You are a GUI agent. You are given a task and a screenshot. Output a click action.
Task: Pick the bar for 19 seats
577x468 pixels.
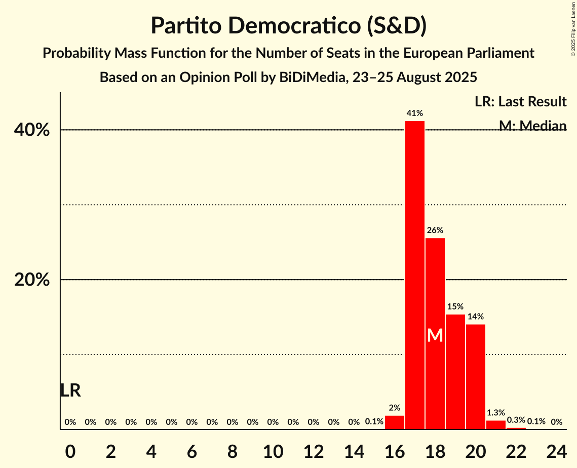click(x=455, y=372)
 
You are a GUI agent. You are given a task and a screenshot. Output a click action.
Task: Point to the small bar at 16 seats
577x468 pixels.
click(x=395, y=422)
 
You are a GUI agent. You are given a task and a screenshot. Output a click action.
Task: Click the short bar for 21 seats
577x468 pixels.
click(x=496, y=425)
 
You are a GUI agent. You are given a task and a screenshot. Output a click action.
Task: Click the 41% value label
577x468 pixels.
click(x=415, y=113)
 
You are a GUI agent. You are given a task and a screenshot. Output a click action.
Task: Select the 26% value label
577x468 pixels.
click(x=435, y=230)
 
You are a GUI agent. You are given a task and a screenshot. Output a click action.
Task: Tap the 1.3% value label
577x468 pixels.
click(x=496, y=413)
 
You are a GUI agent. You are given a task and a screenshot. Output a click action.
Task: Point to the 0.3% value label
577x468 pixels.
click(x=516, y=420)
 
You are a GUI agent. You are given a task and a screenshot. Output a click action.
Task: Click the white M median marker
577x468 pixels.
click(x=435, y=335)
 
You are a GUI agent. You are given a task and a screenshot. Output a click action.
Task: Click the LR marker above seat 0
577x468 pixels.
click(x=70, y=391)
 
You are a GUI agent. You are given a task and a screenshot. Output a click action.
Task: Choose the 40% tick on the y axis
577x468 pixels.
click(x=32, y=130)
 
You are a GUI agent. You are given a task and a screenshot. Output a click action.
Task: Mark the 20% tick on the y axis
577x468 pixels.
click(x=32, y=280)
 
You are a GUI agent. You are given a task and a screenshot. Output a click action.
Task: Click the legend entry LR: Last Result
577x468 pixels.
click(x=520, y=102)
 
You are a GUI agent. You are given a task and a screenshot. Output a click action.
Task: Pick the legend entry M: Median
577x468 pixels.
click(x=532, y=125)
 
